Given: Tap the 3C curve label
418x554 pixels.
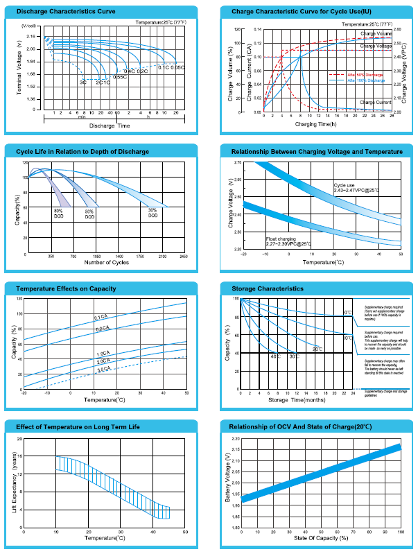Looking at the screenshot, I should pyautogui.click(x=83, y=83).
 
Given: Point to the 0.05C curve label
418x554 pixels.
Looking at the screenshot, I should pyautogui.click(x=178, y=67).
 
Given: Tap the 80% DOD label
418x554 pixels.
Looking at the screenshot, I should pyautogui.click(x=58, y=213).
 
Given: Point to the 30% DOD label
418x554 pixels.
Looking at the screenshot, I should pyautogui.click(x=153, y=213).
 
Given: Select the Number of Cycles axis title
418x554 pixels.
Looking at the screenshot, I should pyautogui.click(x=107, y=262).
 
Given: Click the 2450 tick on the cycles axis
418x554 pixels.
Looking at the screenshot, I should pyautogui.click(x=184, y=256).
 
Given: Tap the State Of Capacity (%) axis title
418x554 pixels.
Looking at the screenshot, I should pyautogui.click(x=320, y=537).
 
